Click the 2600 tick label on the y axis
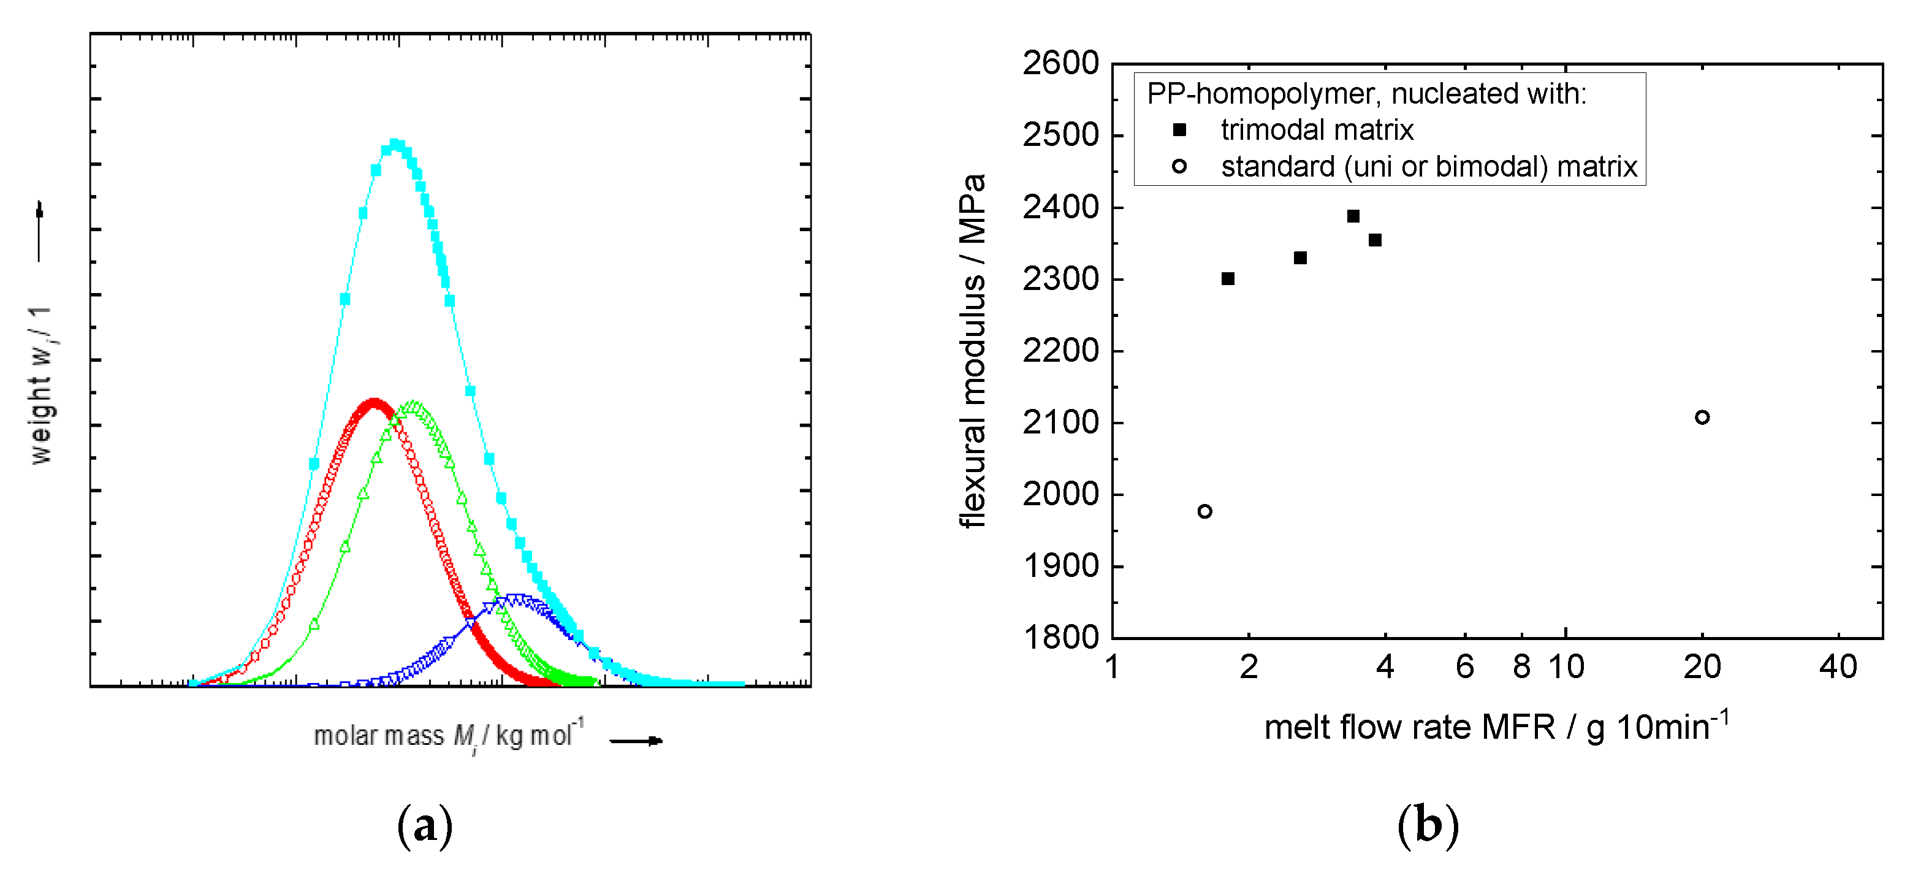coord(1060,64)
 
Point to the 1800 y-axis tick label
coord(1060,638)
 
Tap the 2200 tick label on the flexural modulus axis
coord(1060,351)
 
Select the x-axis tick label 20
coord(1702,668)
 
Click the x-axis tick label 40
coord(1838,668)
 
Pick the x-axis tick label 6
coord(1464,668)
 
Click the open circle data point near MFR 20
coord(1702,418)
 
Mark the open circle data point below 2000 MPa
coord(1205,512)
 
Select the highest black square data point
coord(1353,216)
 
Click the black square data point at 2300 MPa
coord(1228,279)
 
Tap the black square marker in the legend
coord(1179,131)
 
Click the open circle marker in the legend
coord(1179,167)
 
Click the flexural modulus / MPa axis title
coord(972,351)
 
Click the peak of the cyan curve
coord(395,145)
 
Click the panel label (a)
coord(425,825)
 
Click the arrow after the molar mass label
coord(636,740)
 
